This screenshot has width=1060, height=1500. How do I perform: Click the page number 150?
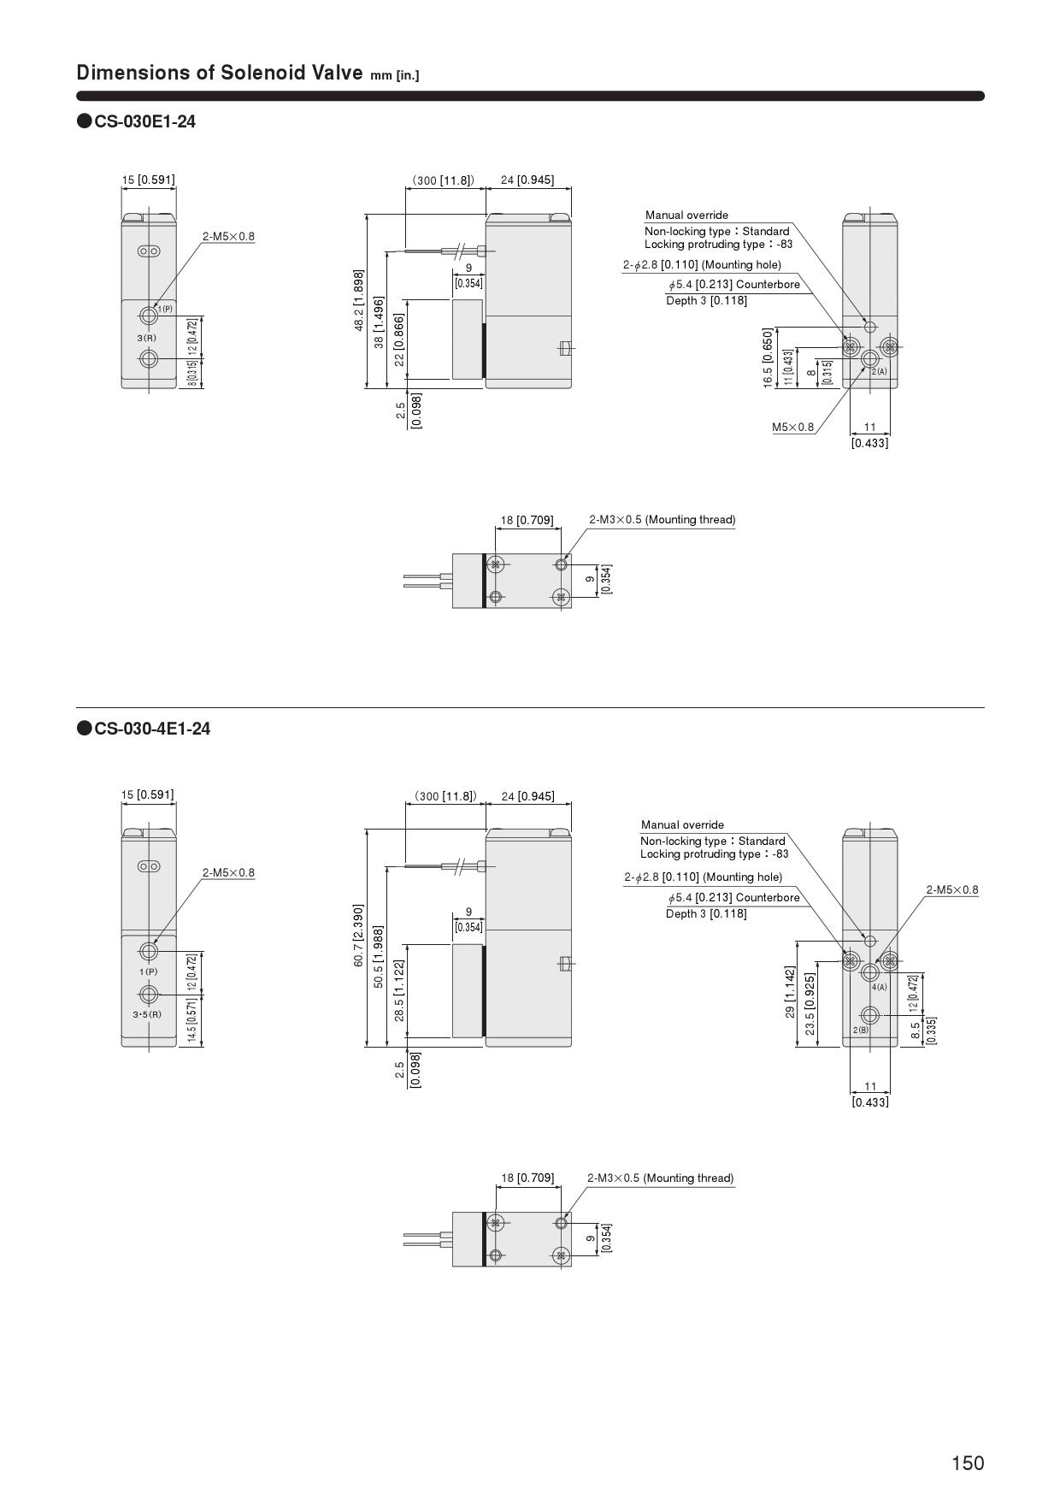coord(968,1463)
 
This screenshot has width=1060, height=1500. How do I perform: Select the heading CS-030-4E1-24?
coord(152,729)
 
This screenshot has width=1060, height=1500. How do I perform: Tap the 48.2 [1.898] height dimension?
coord(359,300)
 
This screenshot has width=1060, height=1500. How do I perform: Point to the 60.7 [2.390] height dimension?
coord(359,936)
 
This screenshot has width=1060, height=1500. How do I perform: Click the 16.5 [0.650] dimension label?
coord(768,357)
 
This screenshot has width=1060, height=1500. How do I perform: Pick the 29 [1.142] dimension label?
coord(791,992)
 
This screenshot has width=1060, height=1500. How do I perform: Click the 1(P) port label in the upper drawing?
coord(165,309)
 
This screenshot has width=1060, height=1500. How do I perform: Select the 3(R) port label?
coord(146,338)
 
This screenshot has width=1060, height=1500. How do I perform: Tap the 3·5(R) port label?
coord(147,1014)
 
